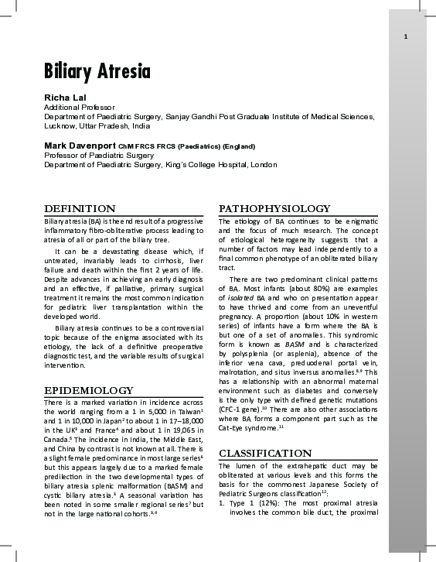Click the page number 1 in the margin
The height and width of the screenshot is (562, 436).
tap(406, 37)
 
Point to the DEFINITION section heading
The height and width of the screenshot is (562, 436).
tap(80, 209)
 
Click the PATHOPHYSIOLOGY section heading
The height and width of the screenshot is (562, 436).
tap(274, 209)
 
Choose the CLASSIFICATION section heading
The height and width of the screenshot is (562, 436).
tap(266, 453)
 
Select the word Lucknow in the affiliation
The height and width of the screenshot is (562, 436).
tap(60, 125)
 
